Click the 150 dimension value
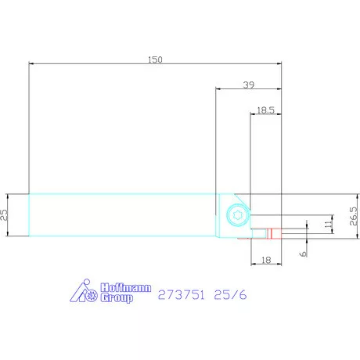(x=155, y=59)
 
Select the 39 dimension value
(x=249, y=85)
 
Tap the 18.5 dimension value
(x=266, y=110)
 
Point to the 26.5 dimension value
(x=353, y=216)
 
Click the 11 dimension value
(x=329, y=224)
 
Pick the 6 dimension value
(x=304, y=254)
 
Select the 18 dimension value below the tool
(x=266, y=260)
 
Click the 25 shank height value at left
(x=4, y=215)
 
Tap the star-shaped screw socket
(x=238, y=215)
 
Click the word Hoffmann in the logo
(x=126, y=288)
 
